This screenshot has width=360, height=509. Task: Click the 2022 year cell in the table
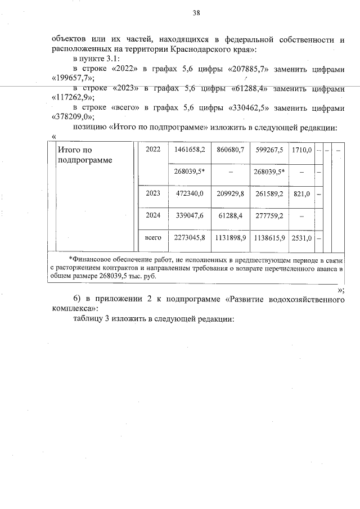[153, 150]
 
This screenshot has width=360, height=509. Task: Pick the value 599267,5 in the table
[269, 150]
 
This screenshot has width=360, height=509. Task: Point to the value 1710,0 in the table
[301, 150]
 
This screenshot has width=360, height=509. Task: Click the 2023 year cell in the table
[153, 193]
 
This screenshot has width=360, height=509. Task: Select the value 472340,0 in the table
[189, 193]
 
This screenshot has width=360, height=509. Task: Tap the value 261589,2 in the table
[269, 193]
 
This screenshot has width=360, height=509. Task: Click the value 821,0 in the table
[301, 193]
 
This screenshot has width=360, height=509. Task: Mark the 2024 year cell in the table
[153, 215]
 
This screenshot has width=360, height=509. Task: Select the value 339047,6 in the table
[189, 215]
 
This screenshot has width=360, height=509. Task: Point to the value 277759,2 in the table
[269, 215]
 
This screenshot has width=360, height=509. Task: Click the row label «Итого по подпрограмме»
[85, 155]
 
